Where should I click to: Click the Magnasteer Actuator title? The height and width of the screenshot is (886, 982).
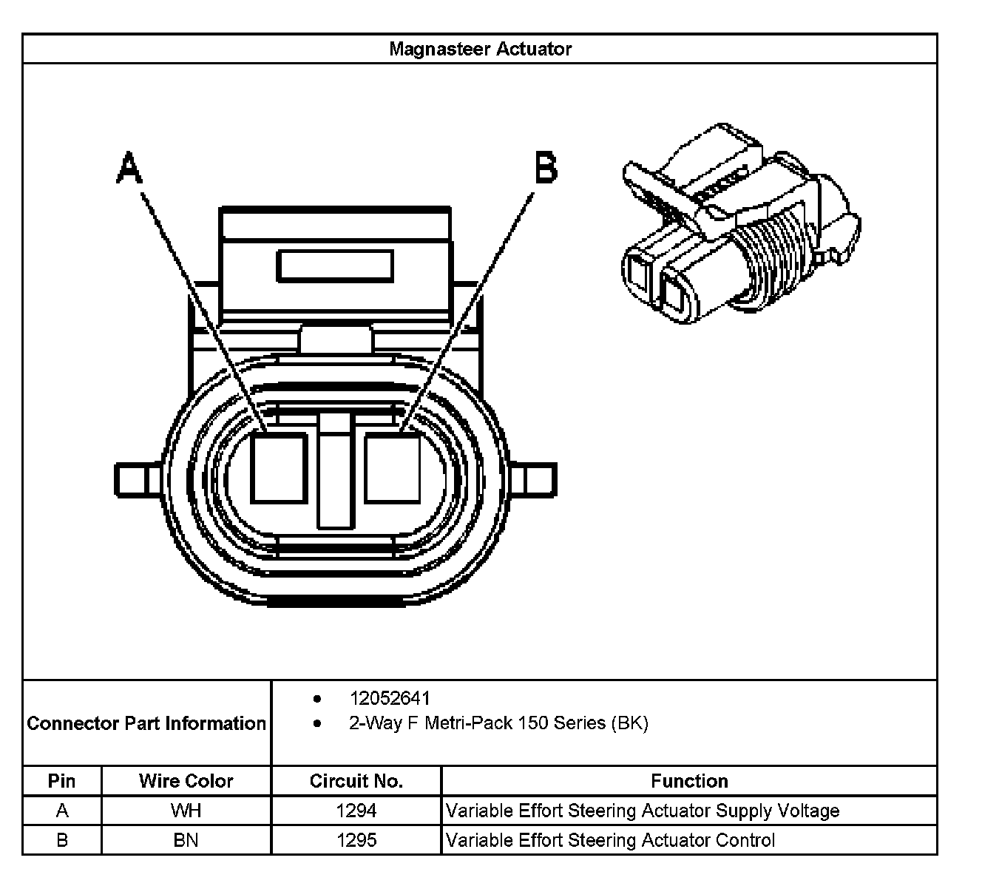click(480, 49)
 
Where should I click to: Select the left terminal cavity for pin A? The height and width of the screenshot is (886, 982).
click(279, 469)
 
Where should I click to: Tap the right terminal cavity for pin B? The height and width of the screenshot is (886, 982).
click(393, 469)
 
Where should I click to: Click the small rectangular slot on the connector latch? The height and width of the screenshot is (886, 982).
click(334, 266)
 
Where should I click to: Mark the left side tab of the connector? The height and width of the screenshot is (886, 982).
click(138, 479)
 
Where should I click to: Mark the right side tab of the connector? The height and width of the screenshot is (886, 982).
click(534, 479)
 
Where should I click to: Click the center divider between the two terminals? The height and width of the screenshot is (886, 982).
click(335, 473)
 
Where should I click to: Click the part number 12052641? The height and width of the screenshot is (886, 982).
click(390, 698)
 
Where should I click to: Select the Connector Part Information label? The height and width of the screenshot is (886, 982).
click(146, 723)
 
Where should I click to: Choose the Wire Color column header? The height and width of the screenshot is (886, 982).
click(186, 781)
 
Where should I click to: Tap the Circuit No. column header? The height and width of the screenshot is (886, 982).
click(356, 781)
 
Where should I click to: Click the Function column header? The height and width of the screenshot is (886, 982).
click(689, 781)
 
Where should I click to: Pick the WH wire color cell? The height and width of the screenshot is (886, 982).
click(186, 811)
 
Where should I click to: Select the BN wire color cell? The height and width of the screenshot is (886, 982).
click(186, 840)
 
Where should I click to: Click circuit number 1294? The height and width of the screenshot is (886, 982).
click(356, 811)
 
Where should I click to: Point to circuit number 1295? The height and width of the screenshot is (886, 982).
click(356, 840)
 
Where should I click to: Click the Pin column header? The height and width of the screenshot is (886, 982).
click(61, 781)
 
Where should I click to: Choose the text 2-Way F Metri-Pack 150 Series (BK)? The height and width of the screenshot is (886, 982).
click(498, 723)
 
